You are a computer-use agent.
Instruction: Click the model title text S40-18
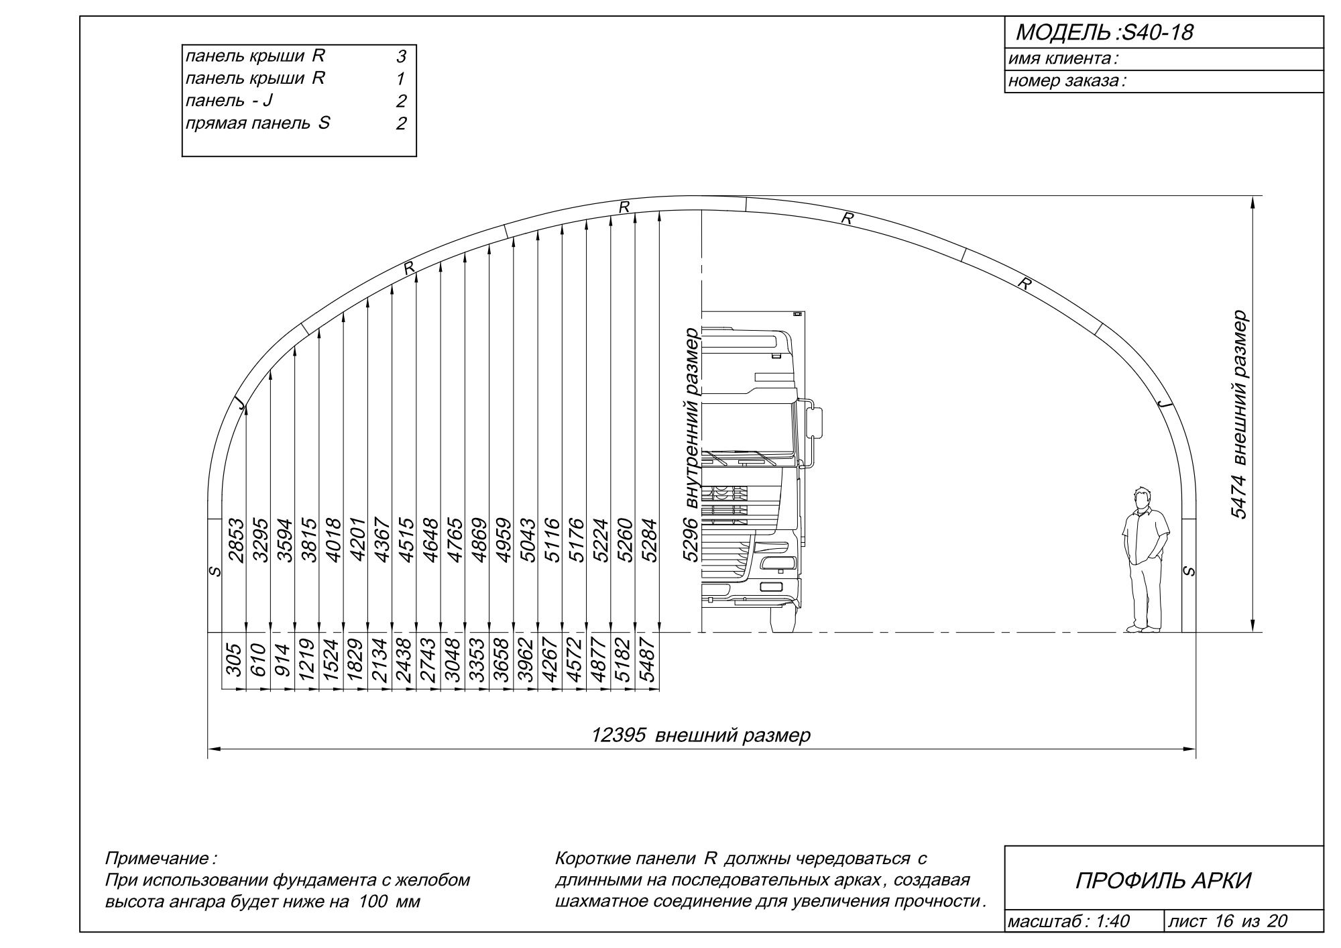[x=1154, y=32]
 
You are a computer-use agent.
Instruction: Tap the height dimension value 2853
[x=235, y=539]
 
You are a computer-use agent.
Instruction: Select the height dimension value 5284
[x=649, y=539]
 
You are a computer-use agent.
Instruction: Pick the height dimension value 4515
[x=406, y=539]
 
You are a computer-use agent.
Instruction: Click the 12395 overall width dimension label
[x=701, y=735]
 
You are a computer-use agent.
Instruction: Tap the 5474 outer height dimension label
[x=1240, y=415]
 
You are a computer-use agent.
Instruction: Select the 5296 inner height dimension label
[x=691, y=444]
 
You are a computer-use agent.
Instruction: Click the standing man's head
[x=1140, y=498]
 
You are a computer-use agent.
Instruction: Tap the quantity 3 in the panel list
[x=401, y=57]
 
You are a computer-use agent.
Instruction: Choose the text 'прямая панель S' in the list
[x=257, y=123]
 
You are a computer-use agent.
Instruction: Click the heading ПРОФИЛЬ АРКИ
[x=1163, y=881]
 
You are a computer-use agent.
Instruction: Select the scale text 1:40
[x=1112, y=921]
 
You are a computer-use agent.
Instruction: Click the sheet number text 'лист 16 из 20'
[x=1228, y=921]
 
